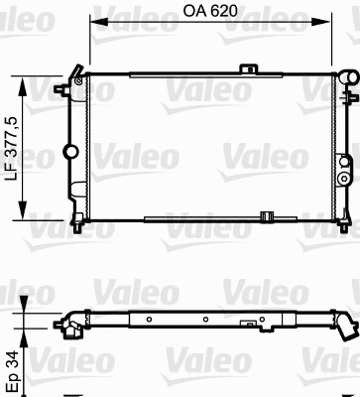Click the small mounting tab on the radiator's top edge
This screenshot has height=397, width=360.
click(x=247, y=66)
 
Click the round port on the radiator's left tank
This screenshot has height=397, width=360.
click(x=70, y=151)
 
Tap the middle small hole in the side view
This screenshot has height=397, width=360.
click(x=204, y=321)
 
